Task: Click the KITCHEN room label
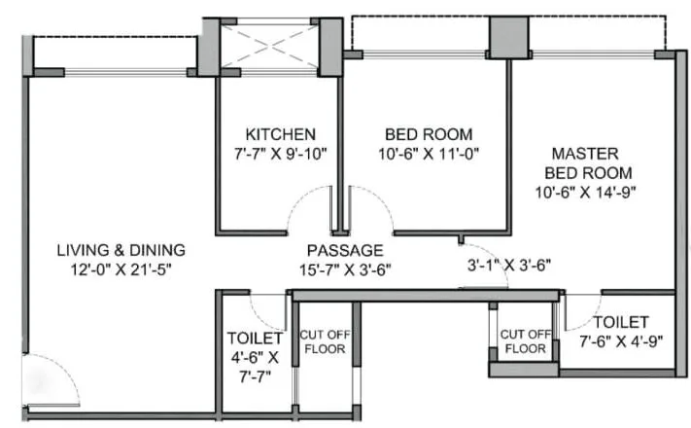pyautogui.click(x=280, y=133)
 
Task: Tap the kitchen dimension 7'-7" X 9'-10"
pyautogui.click(x=280, y=153)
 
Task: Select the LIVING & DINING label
pyautogui.click(x=121, y=249)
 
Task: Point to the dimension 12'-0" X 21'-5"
pyautogui.click(x=121, y=267)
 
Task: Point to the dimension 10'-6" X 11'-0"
pyautogui.click(x=429, y=153)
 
